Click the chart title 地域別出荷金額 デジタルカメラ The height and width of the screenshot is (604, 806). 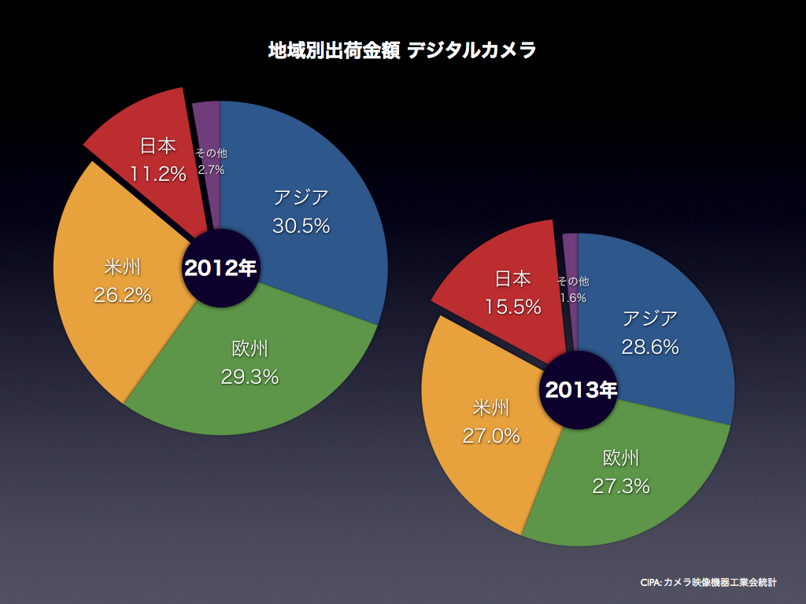pyautogui.click(x=402, y=51)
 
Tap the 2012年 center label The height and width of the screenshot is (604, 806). pyautogui.click(x=220, y=268)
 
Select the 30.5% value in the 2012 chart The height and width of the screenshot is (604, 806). pyautogui.click(x=301, y=226)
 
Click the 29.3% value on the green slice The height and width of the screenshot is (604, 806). pyautogui.click(x=250, y=377)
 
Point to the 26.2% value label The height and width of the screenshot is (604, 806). pyautogui.click(x=122, y=296)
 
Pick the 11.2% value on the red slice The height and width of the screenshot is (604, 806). pyautogui.click(x=158, y=174)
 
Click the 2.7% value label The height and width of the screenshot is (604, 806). pyautogui.click(x=211, y=169)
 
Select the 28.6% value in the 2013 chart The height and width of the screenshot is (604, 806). pyautogui.click(x=650, y=347)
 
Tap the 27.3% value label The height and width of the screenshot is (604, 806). pyautogui.click(x=621, y=486)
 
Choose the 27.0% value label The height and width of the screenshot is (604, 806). pyautogui.click(x=491, y=436)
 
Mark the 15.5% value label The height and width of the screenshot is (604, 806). pyautogui.click(x=512, y=307)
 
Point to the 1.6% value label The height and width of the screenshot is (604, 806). pyautogui.click(x=573, y=298)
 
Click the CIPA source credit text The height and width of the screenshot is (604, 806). pyautogui.click(x=708, y=583)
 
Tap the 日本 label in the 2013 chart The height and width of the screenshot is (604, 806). pyautogui.click(x=512, y=278)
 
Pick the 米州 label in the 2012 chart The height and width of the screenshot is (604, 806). pyautogui.click(x=122, y=267)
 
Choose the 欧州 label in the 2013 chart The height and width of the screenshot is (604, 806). pyautogui.click(x=621, y=458)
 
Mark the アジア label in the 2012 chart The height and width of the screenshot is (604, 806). pyautogui.click(x=301, y=197)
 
